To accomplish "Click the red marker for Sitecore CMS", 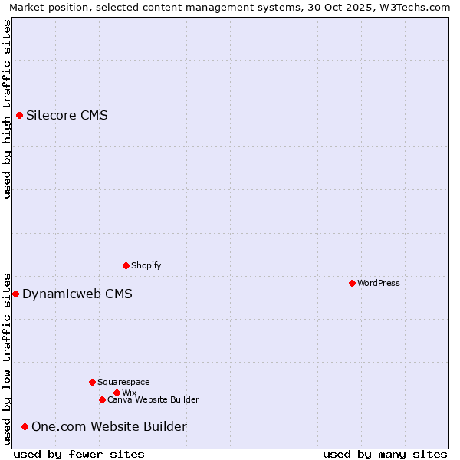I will [19, 116].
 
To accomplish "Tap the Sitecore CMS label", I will [67, 116].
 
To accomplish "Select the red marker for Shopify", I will [126, 265].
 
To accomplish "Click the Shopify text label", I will [146, 265].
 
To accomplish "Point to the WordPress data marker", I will [352, 283].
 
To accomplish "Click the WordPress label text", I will [378, 283].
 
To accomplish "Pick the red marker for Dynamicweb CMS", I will [15, 294].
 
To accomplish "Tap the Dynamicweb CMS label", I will [77, 294].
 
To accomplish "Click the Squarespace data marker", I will [92, 382].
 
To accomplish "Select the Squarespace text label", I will [123, 382].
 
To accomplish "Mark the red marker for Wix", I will [117, 393].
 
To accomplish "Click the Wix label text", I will [129, 393].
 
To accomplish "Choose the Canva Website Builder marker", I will [102, 399].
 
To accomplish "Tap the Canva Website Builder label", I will [153, 399].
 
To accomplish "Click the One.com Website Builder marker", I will [25, 426].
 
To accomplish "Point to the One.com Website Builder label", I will [109, 426].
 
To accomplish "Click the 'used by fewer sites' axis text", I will [79, 454].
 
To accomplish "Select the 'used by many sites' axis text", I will [385, 454].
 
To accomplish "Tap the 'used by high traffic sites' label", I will [7, 109].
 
